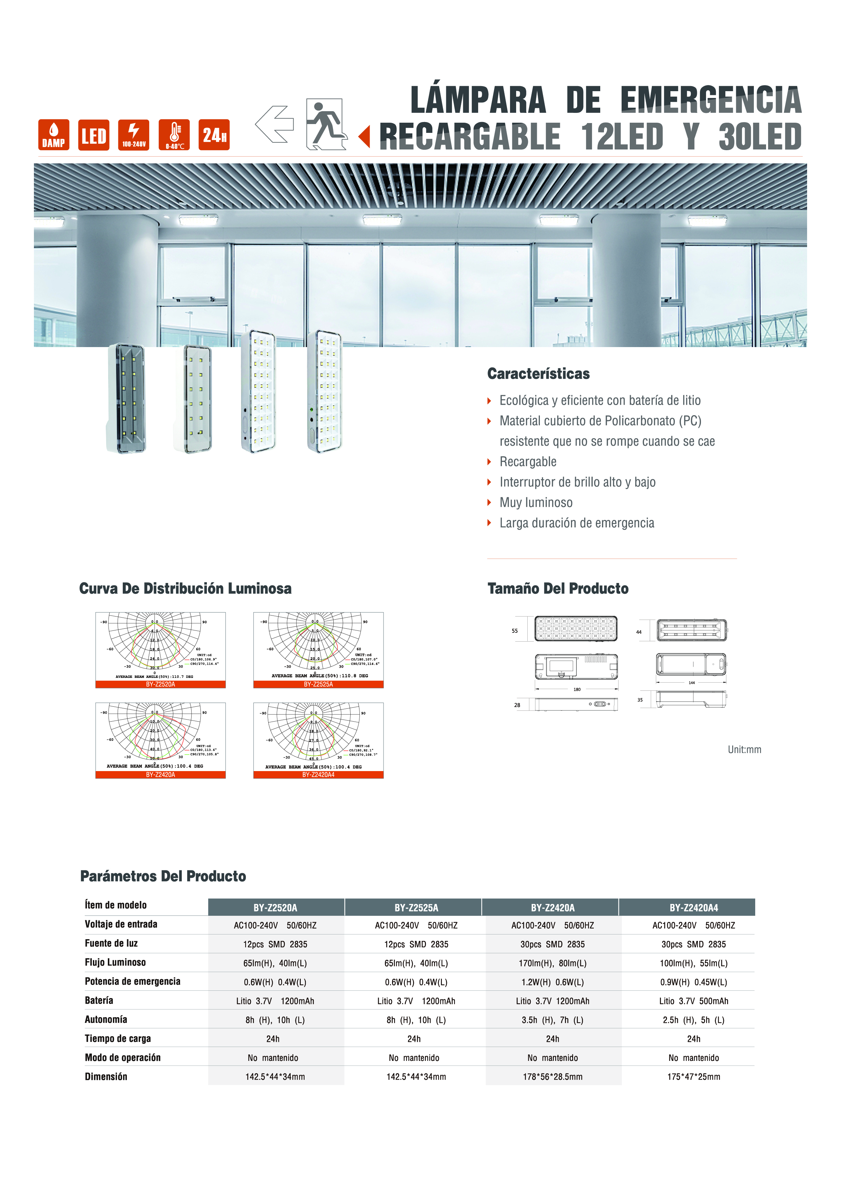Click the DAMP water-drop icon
pyautogui.click(x=53, y=135)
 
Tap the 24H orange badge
pyautogui.click(x=214, y=135)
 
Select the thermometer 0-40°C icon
pyautogui.click(x=174, y=135)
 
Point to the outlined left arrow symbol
pyautogui.click(x=275, y=124)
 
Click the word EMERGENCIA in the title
pyautogui.click(x=710, y=100)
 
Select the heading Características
pyautogui.click(x=539, y=374)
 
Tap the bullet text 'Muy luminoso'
pyautogui.click(x=536, y=502)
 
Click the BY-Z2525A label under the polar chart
pyautogui.click(x=318, y=684)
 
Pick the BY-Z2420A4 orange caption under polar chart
pyautogui.click(x=318, y=775)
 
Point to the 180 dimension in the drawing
pyautogui.click(x=577, y=689)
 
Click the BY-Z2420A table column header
pyautogui.click(x=552, y=908)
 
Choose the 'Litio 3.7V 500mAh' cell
pyautogui.click(x=693, y=1001)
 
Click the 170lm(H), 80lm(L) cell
pyautogui.click(x=552, y=963)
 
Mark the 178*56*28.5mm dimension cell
pyautogui.click(x=552, y=1076)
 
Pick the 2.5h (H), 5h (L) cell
pyautogui.click(x=693, y=1020)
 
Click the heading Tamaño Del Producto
pyautogui.click(x=558, y=589)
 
